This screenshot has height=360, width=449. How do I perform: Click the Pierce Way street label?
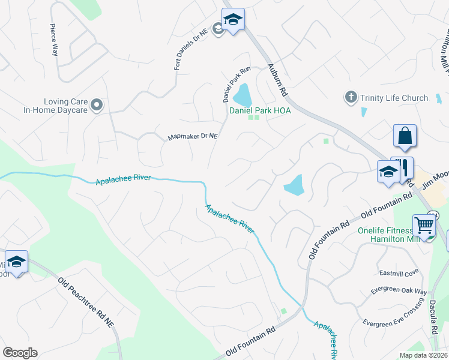pyautogui.click(x=54, y=40)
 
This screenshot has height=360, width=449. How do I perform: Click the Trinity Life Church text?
pyautogui.click(x=394, y=98)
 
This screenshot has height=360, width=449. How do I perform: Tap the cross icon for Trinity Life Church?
pyautogui.click(x=351, y=97)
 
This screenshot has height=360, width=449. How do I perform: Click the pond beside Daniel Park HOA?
pyautogui.click(x=243, y=95)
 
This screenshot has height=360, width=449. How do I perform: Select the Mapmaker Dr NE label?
pyautogui.click(x=192, y=137)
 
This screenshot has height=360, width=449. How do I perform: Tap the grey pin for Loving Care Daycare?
pyautogui.click(x=97, y=106)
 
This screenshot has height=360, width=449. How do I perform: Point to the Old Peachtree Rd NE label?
pyautogui.click(x=90, y=309)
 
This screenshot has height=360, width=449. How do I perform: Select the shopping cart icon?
pyautogui.click(x=424, y=226)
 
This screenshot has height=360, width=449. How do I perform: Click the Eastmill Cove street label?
pyautogui.click(x=399, y=272)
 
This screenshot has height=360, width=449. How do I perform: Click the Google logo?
pyautogui.click(x=20, y=352)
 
